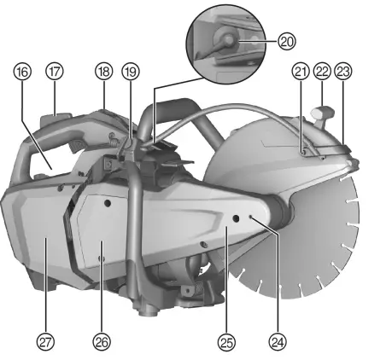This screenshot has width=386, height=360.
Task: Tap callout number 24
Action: point(276,341)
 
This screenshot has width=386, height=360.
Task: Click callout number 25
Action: point(225,341)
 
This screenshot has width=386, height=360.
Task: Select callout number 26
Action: point(102,341)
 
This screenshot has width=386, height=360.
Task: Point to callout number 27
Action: point(44,341)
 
